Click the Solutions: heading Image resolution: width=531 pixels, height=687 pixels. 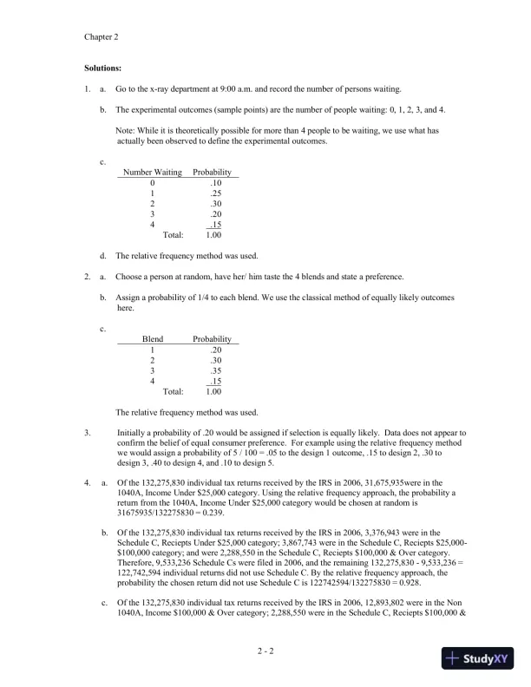pyautogui.click(x=103, y=67)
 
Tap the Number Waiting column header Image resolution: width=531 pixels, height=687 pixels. pyautogui.click(x=153, y=172)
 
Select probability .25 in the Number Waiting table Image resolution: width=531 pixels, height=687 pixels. pyautogui.click(x=216, y=193)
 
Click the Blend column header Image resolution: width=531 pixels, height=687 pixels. pyautogui.click(x=153, y=339)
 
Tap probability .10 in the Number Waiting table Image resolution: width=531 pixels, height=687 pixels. pyautogui.click(x=216, y=183)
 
